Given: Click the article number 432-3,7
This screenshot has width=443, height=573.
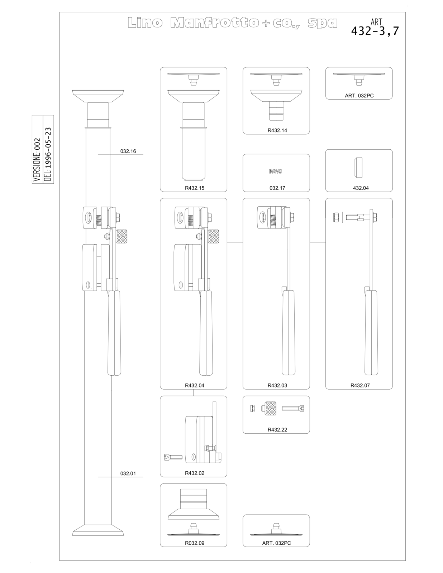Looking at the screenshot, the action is pos(375,31).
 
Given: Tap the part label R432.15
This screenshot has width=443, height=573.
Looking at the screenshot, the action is pos(195,188).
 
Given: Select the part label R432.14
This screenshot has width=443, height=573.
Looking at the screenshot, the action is pos(277,130).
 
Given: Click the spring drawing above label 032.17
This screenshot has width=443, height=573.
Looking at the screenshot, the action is pos(276,172).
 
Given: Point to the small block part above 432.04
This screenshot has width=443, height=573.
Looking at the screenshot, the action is pos(358,168).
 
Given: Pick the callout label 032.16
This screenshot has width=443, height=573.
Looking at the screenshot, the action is pos(128,151).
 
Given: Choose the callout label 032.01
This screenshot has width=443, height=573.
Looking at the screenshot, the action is pos(128,473).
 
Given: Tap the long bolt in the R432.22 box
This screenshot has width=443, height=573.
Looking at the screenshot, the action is pos(293,409).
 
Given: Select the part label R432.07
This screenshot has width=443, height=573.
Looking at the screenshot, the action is pos(360,385).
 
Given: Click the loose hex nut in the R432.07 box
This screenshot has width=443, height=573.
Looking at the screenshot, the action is pos(336,217).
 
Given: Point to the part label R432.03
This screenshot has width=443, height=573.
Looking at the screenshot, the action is pos(277,385).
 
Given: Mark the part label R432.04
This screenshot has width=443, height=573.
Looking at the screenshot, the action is pos(195,385).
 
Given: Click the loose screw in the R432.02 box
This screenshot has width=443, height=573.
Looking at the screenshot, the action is pos(173,457).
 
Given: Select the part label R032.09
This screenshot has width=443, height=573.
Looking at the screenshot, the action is pos(195,543).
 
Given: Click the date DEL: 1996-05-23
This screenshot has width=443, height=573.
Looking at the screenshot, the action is pos(48,154).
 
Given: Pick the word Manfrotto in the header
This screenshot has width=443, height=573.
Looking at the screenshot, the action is pos(215,23).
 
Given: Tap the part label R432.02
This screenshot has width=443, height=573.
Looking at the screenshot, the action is pos(195,473).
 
